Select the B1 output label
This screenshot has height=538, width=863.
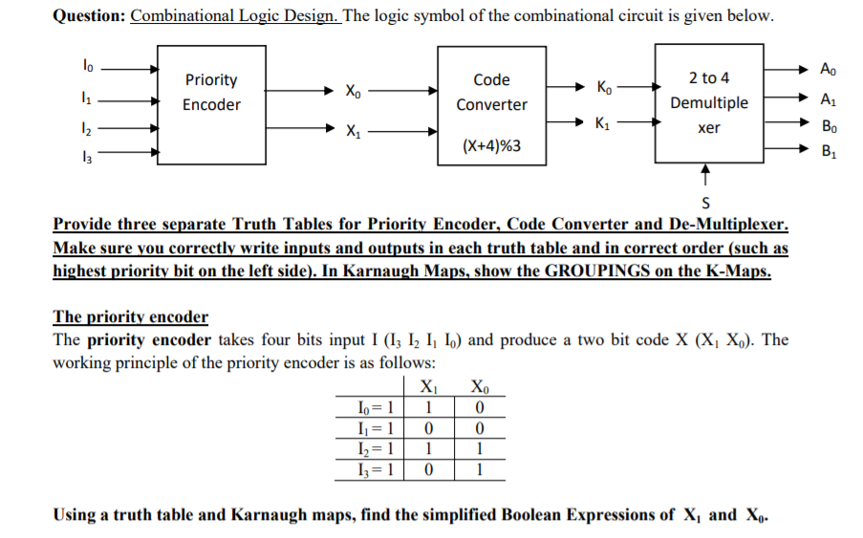pos(827,149)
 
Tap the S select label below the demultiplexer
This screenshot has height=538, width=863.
pos(705,202)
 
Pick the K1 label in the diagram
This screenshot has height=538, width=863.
pos(604,123)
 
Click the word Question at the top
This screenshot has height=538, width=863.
pos(86,17)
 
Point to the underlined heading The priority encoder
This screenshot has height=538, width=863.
pos(130,316)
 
